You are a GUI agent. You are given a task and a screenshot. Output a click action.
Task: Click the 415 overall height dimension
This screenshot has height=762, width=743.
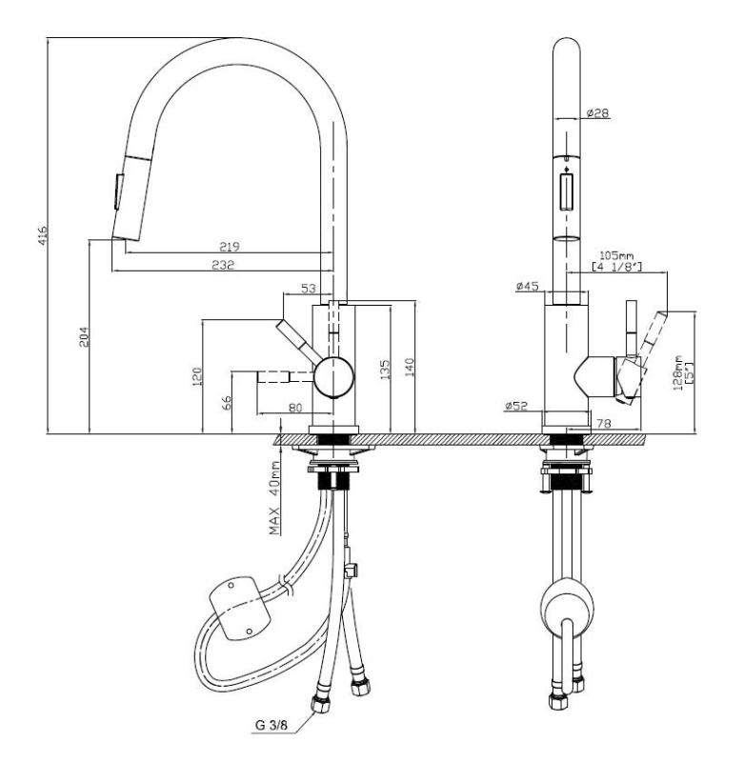tap(41, 234)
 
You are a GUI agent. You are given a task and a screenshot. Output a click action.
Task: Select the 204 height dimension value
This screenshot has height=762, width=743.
tap(83, 336)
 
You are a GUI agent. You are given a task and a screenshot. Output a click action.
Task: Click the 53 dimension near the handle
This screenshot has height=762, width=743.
tap(308, 288)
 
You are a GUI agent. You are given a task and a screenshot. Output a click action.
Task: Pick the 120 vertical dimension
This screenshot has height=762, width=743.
tap(197, 378)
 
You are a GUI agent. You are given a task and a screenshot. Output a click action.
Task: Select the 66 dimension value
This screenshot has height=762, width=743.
tap(228, 401)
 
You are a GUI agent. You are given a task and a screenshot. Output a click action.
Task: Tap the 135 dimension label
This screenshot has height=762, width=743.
tap(385, 368)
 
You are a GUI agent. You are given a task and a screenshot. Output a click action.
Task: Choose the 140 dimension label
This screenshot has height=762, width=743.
tap(411, 368)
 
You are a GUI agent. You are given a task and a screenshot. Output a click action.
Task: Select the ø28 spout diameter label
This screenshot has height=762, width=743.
tap(597, 112)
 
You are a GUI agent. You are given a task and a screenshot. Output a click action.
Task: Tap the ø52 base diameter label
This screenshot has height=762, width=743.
tap(517, 408)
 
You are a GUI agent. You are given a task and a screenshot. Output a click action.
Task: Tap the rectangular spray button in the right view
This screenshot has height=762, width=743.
tap(567, 190)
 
